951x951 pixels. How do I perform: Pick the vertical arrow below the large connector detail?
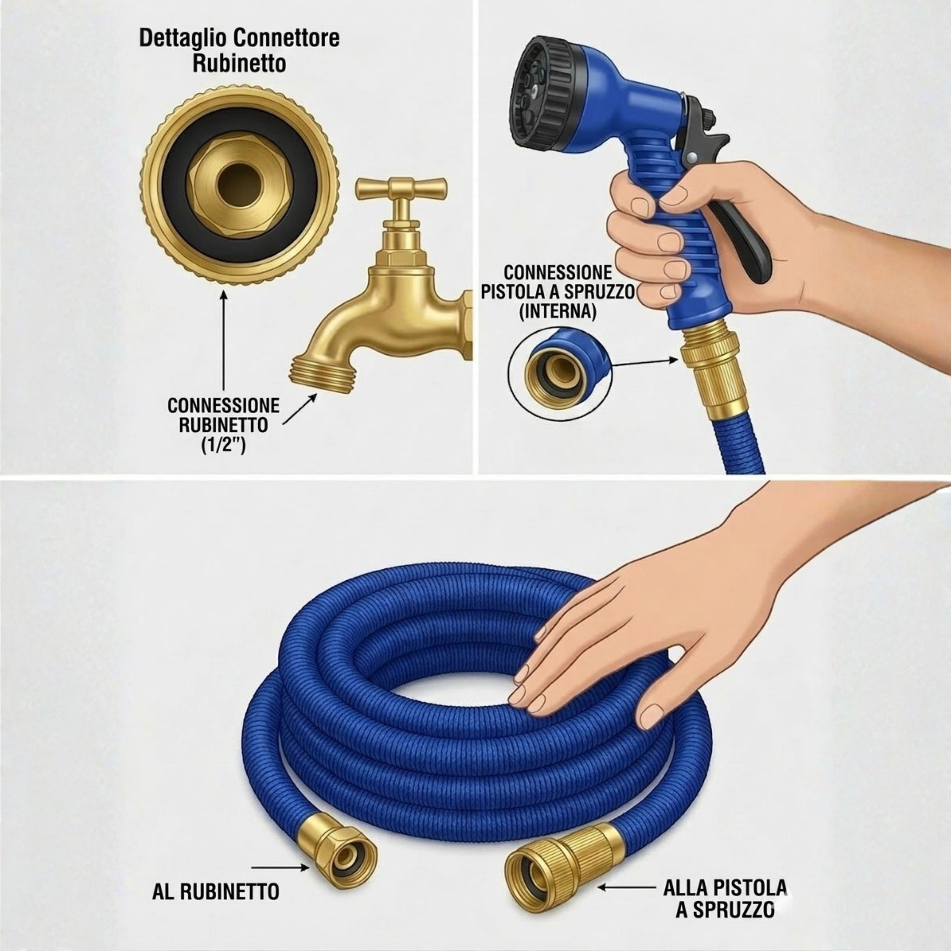tap(224, 341)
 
